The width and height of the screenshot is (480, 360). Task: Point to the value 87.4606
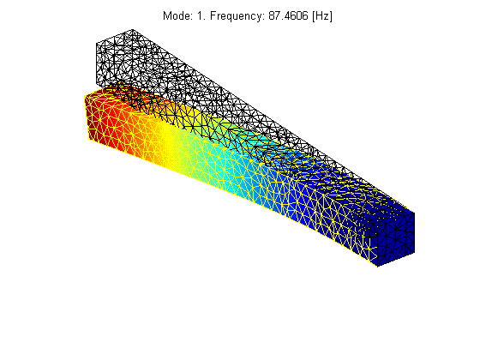[288, 15]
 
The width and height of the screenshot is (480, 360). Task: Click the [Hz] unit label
[322, 16]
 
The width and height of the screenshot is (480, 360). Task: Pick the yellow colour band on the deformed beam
[167, 139]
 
